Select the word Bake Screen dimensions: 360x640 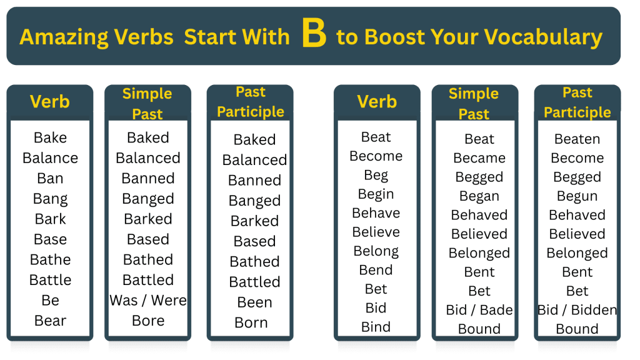click(x=50, y=137)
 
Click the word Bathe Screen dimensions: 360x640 click(x=50, y=259)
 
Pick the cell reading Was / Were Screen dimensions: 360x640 click(x=148, y=300)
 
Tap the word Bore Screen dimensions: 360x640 click(x=148, y=321)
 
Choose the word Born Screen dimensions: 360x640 click(x=251, y=322)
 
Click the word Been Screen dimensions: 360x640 click(x=254, y=302)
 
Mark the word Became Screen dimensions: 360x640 click(x=479, y=158)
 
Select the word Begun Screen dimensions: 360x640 click(x=577, y=196)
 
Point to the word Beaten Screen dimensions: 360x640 click(x=577, y=139)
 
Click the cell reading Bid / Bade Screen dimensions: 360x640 click(x=479, y=310)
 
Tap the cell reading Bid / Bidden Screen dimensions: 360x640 click(x=577, y=310)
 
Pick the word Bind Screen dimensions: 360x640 click(x=376, y=327)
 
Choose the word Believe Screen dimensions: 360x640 click(x=376, y=232)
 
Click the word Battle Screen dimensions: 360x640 click(x=50, y=280)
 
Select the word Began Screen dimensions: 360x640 click(x=479, y=196)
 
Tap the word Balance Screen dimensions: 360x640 click(x=50, y=158)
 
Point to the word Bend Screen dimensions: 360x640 click(x=376, y=270)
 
